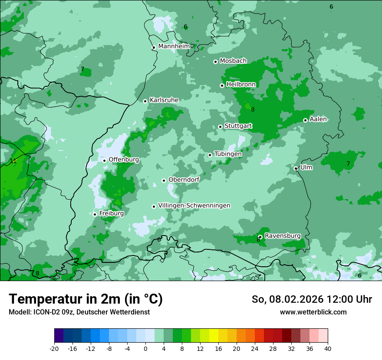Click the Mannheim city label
click(174, 46)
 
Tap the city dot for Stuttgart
click(221, 127)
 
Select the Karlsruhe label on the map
click(164, 100)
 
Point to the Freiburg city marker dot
click(95, 214)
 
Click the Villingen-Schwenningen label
click(194, 206)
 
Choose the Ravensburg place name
click(283, 236)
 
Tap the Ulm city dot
click(296, 168)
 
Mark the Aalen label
click(318, 119)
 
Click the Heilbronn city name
click(241, 85)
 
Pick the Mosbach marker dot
click(215, 62)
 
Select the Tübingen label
click(228, 154)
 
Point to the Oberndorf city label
click(184, 180)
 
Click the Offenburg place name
click(124, 160)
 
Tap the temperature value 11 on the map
click(13, 161)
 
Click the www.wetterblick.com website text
click(313, 312)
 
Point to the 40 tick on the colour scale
click(327, 349)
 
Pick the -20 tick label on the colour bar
click(54, 349)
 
